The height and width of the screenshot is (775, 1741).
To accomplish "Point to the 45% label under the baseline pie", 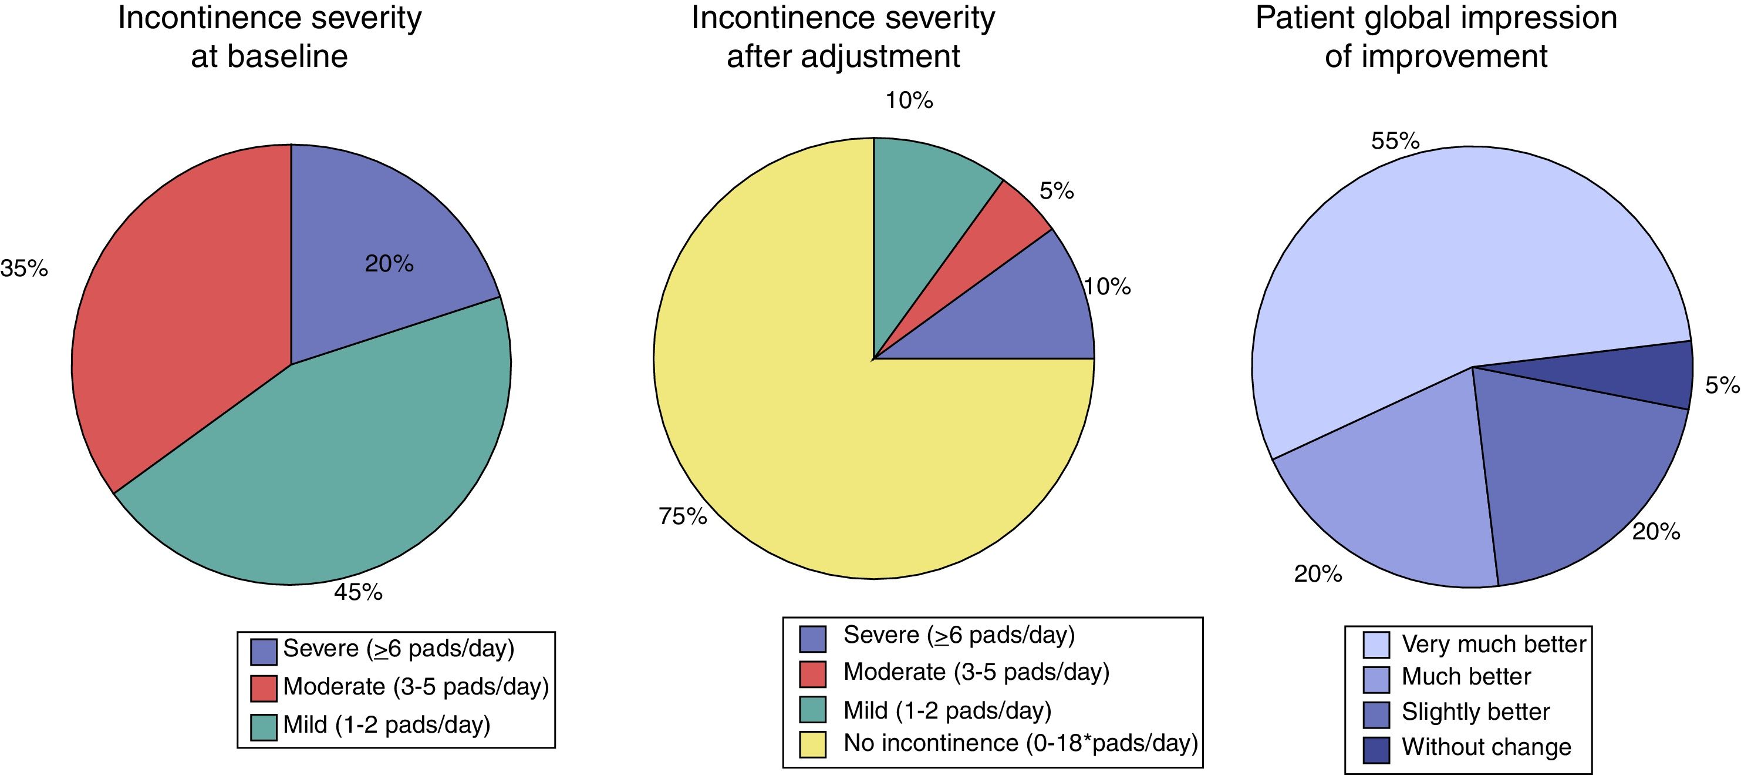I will click(358, 592).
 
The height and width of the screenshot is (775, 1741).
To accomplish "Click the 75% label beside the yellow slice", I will click(683, 516).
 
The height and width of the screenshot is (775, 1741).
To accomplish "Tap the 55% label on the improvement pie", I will click(1395, 140).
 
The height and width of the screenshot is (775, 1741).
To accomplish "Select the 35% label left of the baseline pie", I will click(24, 269).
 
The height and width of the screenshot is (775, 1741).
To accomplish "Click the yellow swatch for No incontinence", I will click(812, 744).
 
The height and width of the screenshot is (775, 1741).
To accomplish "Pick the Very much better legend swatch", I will click(1376, 645).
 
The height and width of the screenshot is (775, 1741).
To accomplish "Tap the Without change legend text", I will click(1486, 747).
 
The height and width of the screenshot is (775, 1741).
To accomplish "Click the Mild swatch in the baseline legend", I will click(264, 727).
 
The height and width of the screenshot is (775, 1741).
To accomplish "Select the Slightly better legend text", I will click(1476, 712).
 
